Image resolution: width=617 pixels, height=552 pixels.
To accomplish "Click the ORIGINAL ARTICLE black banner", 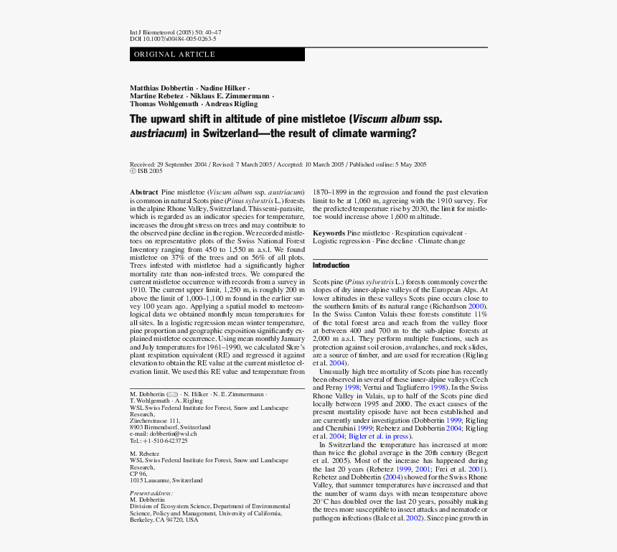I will [x=217, y=55].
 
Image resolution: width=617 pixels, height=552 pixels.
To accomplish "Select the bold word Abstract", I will [x=143, y=192].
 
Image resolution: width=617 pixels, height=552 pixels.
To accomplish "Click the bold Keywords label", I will [x=329, y=233].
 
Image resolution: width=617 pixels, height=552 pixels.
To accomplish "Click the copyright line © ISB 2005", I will [x=146, y=172].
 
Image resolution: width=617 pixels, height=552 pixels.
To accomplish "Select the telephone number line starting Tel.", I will [x=159, y=441].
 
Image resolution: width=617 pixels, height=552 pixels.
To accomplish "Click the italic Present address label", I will [x=151, y=493].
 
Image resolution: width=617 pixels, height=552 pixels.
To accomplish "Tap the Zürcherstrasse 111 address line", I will [x=155, y=421].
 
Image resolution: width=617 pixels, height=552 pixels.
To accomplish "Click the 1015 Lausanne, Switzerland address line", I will [x=166, y=480].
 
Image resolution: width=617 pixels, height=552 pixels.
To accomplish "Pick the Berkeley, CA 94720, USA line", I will [x=164, y=520].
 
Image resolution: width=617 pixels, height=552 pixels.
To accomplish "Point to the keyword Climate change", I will [x=442, y=241].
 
